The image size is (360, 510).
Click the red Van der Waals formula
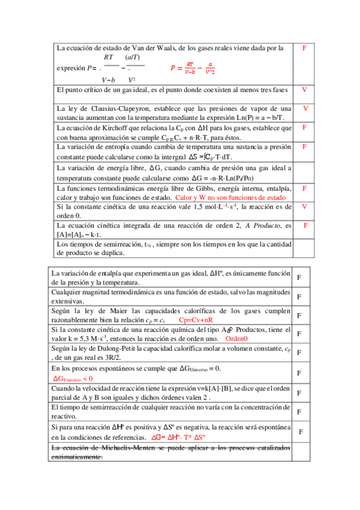click(193, 69)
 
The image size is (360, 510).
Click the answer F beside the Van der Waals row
click(305, 48)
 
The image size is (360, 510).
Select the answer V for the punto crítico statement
click(305, 90)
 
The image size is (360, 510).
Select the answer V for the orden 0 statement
click(305, 206)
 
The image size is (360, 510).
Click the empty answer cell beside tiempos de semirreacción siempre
click(305, 248)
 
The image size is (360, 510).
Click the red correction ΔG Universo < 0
click(73, 378)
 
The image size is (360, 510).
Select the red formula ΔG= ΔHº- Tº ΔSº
click(178, 437)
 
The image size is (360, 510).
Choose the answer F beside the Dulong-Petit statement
click(299, 353)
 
